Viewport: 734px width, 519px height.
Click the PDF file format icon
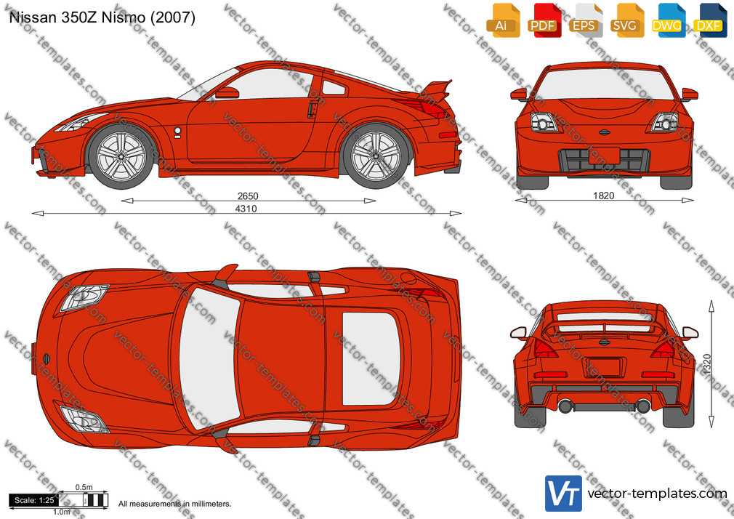(544, 20)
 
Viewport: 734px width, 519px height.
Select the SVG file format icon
(626, 20)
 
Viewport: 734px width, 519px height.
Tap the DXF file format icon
(710, 20)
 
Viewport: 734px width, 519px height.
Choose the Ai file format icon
(503, 20)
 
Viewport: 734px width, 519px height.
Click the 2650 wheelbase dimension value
(248, 196)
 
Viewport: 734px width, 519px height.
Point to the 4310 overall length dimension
(246, 209)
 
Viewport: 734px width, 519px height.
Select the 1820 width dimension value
(603, 196)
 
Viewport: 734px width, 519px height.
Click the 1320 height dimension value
(707, 364)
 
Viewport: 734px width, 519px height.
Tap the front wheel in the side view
(121, 156)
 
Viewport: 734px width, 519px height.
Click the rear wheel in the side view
(376, 156)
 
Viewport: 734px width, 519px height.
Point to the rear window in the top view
(371, 358)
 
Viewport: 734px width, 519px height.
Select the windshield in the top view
(209, 358)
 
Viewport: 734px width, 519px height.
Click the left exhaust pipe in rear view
(565, 406)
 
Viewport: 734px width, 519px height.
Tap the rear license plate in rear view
(604, 367)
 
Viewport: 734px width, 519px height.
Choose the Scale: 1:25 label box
(34, 500)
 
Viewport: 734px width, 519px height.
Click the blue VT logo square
(563, 494)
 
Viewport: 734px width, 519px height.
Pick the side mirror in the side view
(227, 93)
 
